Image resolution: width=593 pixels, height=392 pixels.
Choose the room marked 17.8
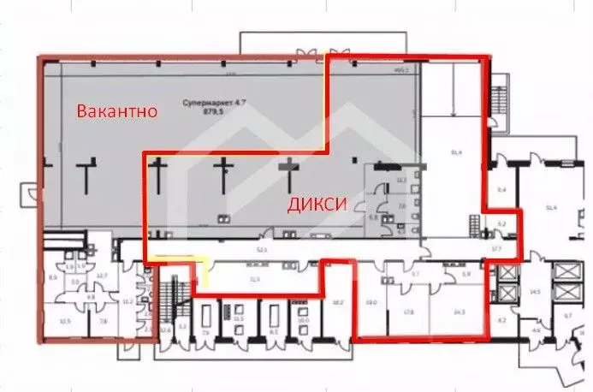click(409, 313)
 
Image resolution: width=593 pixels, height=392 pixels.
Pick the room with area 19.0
click(372, 302)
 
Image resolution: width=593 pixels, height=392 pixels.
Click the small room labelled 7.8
click(104, 322)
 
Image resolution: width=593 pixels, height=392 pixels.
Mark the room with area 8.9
click(52, 278)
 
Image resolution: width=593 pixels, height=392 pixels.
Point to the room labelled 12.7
click(100, 274)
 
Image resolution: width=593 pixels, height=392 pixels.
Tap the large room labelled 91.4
click(456, 152)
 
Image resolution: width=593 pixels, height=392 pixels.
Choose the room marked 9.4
click(502, 188)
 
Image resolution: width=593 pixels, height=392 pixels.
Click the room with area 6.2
click(503, 321)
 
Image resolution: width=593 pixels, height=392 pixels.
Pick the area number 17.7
click(496, 249)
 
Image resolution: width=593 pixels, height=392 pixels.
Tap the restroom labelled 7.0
click(402, 206)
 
